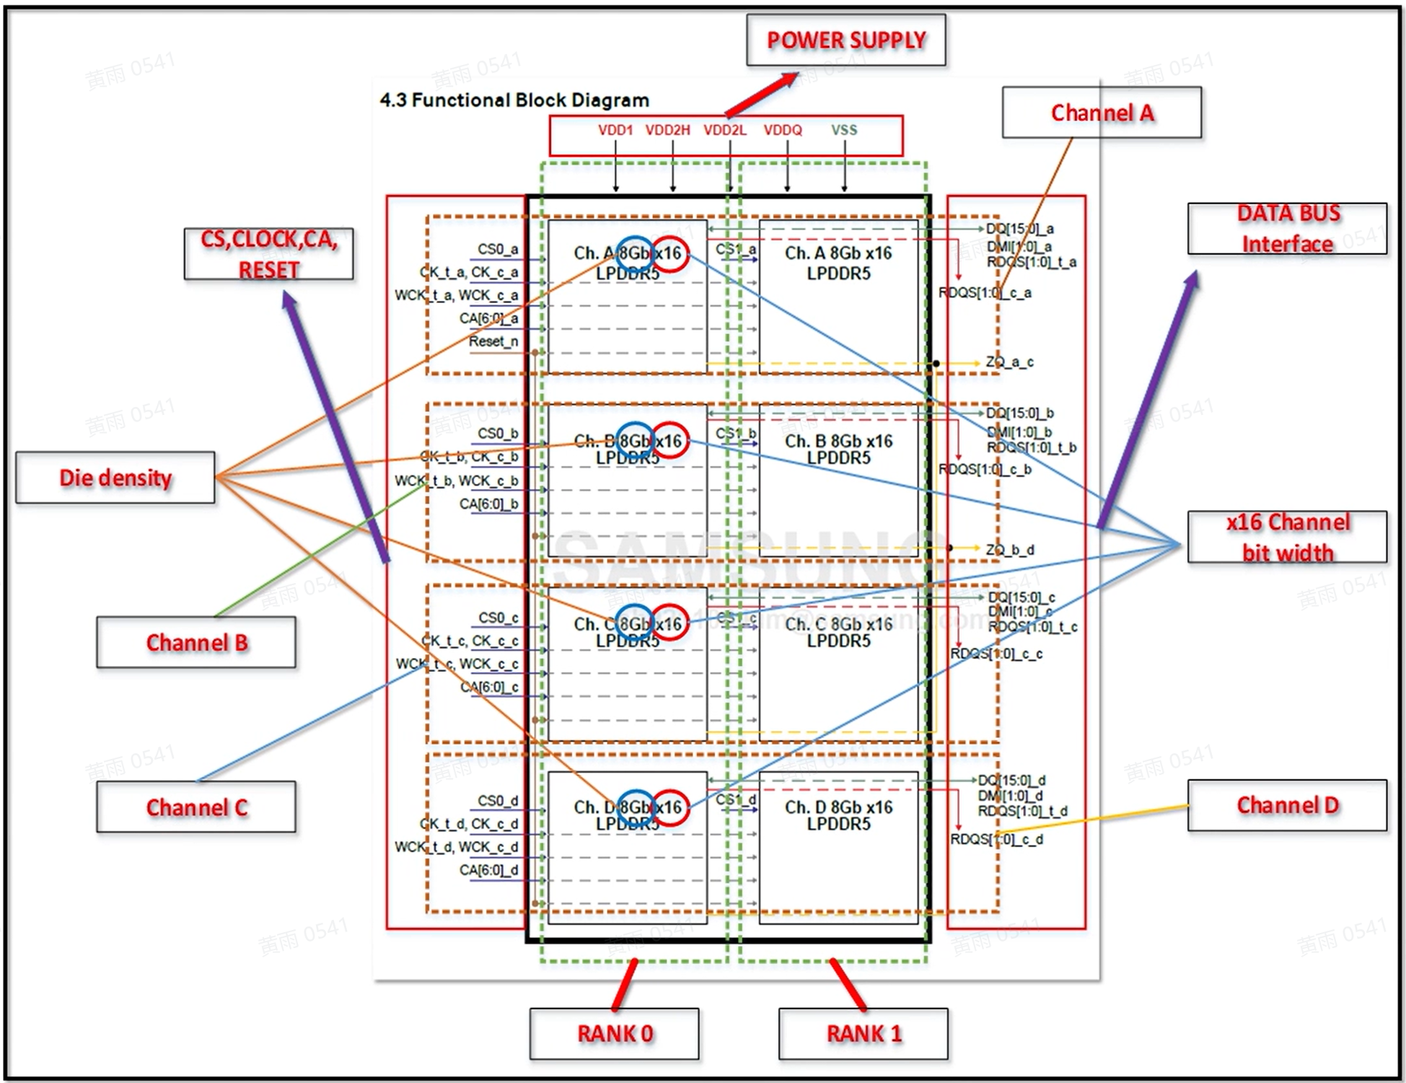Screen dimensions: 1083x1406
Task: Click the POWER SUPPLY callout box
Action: click(x=845, y=40)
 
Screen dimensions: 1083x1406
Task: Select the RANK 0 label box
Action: click(x=614, y=1033)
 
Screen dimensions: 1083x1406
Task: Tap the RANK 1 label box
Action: click(x=863, y=1033)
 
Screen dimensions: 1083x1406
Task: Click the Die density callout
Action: click(x=115, y=478)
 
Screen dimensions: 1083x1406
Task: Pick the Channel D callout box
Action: click(x=1287, y=805)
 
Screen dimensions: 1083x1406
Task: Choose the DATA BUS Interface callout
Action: click(x=1287, y=229)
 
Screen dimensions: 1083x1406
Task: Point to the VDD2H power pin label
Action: click(x=667, y=131)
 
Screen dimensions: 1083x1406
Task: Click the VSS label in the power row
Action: click(x=844, y=131)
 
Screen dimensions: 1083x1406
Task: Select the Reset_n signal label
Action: click(x=493, y=341)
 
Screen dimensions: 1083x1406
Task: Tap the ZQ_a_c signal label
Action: click(x=1009, y=362)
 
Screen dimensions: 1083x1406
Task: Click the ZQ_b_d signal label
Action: click(x=1009, y=550)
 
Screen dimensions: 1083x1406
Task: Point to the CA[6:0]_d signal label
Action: click(x=488, y=870)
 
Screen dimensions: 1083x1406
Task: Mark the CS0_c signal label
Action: click(x=498, y=618)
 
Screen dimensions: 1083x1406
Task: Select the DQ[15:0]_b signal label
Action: click(x=1019, y=413)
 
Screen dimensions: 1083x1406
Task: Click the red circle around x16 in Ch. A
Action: click(x=669, y=254)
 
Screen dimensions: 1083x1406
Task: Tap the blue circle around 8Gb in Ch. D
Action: click(x=635, y=807)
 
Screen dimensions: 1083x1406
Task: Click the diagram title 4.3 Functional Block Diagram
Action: click(x=514, y=100)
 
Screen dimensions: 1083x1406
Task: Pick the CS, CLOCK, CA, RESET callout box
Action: click(x=268, y=254)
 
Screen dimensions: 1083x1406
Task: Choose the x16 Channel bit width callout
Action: click(x=1287, y=538)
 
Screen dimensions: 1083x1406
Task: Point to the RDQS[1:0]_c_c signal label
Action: click(x=996, y=654)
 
